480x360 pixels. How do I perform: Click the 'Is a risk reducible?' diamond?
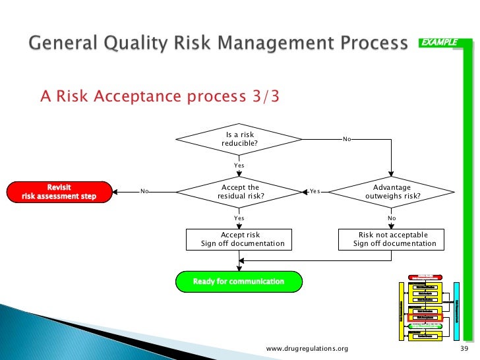click(x=239, y=139)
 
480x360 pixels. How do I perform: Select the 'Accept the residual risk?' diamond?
click(x=239, y=192)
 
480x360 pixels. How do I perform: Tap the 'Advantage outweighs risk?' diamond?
click(x=392, y=192)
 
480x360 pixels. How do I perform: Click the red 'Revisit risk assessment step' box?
click(x=59, y=192)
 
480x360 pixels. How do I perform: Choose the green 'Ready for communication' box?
click(x=239, y=282)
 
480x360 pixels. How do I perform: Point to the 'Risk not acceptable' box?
click(x=394, y=239)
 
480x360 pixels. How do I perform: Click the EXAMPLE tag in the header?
click(x=440, y=43)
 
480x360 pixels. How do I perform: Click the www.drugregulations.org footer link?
click(x=307, y=348)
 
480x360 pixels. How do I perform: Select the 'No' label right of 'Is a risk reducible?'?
click(x=347, y=139)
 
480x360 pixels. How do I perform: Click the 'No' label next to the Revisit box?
click(x=144, y=192)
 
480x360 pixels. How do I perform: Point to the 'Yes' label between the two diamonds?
click(x=315, y=192)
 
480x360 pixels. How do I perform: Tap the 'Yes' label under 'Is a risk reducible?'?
click(x=239, y=165)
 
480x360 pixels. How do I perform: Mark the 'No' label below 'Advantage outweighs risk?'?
click(x=392, y=218)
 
